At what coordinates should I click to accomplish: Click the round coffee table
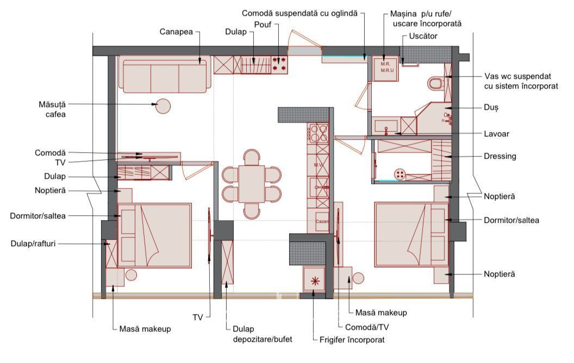[x=163, y=107]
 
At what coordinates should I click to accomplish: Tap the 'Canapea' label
[x=176, y=32]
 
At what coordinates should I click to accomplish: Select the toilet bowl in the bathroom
[x=435, y=84]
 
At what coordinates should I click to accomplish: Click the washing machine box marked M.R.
[x=385, y=68]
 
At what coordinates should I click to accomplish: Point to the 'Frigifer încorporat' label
[x=352, y=340]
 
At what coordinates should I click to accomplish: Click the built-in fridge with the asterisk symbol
[x=315, y=280]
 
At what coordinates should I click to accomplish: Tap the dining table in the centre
[x=252, y=184]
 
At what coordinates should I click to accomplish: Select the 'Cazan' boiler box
[x=322, y=221]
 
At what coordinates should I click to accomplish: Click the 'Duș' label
[x=491, y=108]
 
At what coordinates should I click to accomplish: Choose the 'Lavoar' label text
[x=496, y=134]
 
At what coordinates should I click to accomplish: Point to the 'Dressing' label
[x=500, y=157]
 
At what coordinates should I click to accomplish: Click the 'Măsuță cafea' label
[x=52, y=109]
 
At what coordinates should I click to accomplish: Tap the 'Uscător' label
[x=423, y=36]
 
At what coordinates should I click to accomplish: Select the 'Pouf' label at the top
[x=263, y=24]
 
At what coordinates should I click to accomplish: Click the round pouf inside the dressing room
[x=400, y=174]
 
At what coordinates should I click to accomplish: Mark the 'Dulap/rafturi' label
[x=33, y=243]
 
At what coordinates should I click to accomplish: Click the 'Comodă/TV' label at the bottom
[x=361, y=327]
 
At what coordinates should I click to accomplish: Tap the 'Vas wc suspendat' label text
[x=517, y=77]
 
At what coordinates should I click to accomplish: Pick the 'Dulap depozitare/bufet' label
[x=263, y=334]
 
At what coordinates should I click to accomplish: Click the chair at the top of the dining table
[x=252, y=157]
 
